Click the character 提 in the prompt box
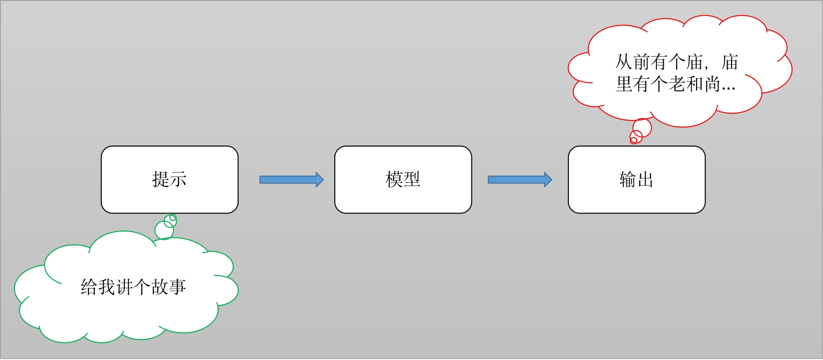tap(161, 180)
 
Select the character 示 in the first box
tap(178, 180)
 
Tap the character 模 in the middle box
tap(394, 180)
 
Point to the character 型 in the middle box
tap(412, 180)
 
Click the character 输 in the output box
tap(628, 180)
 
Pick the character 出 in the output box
tap(646, 180)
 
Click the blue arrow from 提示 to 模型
tap(292, 180)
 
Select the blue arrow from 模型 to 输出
tap(520, 180)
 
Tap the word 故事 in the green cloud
tap(168, 287)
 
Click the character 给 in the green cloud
tap(89, 287)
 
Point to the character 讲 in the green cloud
tap(125, 287)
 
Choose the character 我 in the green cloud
tap(107, 287)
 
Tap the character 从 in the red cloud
tap(624, 62)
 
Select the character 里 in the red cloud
tap(624, 85)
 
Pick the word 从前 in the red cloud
tap(633, 62)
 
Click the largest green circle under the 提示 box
tap(164, 230)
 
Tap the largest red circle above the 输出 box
tap(642, 128)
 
